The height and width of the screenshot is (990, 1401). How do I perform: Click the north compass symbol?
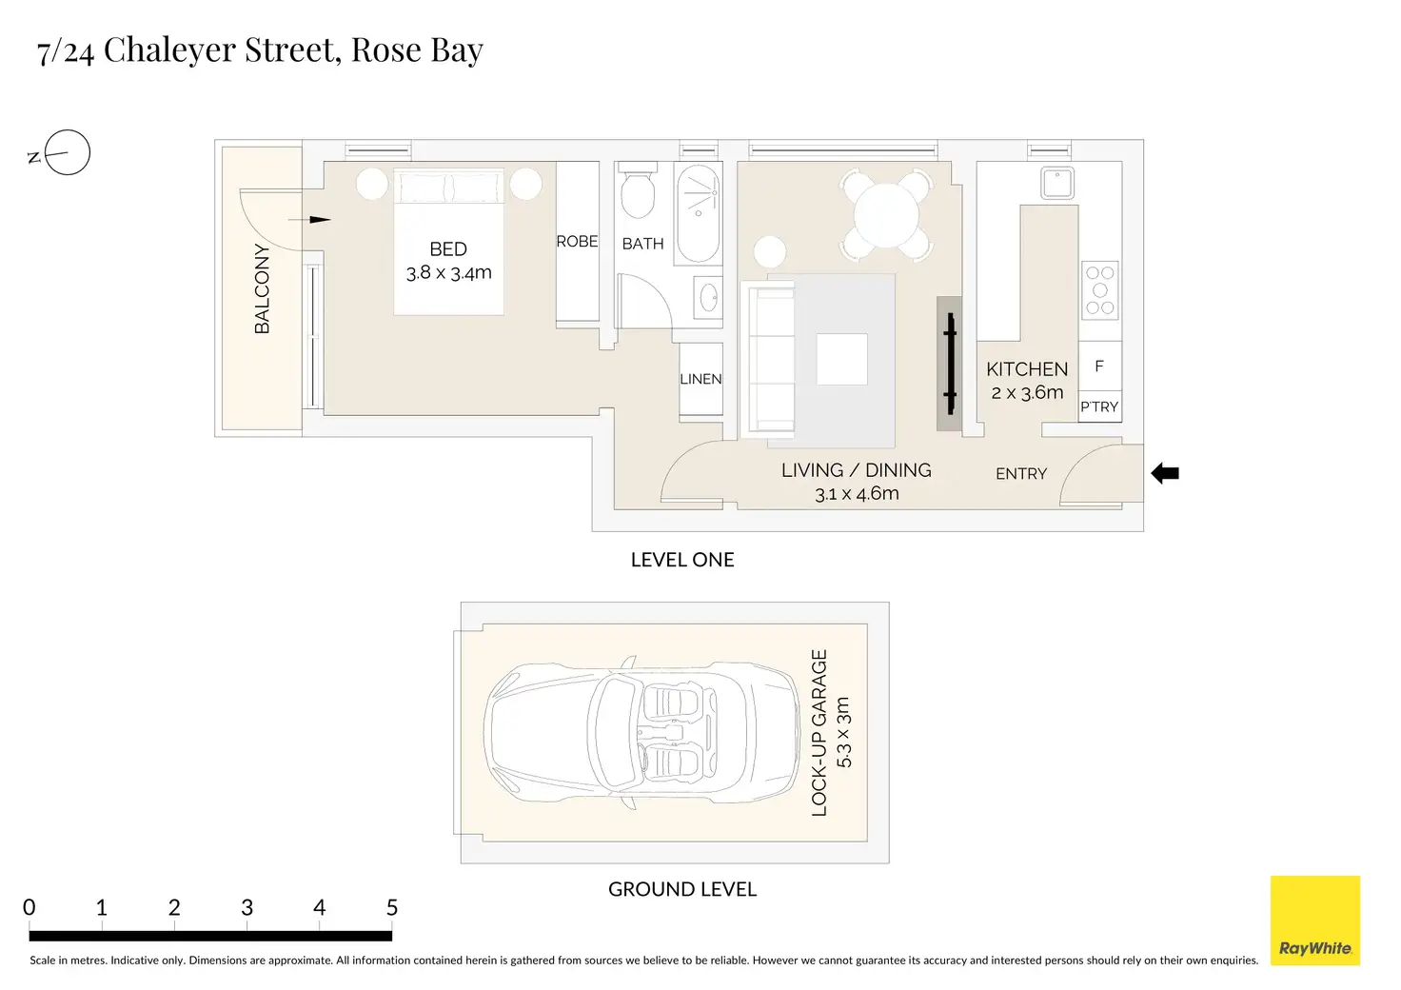point(67,152)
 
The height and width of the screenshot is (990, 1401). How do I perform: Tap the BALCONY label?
point(262,289)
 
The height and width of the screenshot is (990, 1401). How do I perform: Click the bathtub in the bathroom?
point(698,213)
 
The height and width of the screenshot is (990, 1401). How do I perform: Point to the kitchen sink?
point(1057,183)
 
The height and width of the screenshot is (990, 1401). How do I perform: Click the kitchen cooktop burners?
point(1100,290)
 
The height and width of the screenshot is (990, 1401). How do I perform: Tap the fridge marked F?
point(1099,366)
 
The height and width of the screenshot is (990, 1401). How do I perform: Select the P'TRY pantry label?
point(1099,407)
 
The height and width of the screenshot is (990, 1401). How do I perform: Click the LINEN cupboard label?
point(700,379)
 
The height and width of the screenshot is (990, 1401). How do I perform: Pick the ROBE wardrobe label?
point(577,242)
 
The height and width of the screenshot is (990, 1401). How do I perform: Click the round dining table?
point(886,214)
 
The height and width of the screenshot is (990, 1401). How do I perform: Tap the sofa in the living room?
point(768,358)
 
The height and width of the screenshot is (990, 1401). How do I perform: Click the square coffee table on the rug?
point(842,359)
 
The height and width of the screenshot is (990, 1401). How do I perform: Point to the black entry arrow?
point(1165,473)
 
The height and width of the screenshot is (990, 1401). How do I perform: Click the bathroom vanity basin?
point(708,298)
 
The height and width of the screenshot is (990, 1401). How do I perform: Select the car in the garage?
point(641,732)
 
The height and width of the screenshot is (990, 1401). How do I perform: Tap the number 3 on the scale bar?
point(247,907)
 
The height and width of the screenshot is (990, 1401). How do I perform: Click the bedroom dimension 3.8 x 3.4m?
point(448,272)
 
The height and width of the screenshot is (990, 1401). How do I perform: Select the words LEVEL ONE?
point(682,560)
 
